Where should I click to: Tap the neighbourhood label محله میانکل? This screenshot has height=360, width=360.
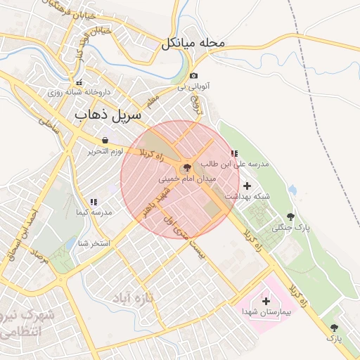pyautogui.click(x=193, y=43)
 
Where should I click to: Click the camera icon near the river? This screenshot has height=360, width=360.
pyautogui.click(x=194, y=75)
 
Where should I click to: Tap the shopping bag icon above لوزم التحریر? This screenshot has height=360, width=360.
pyautogui.click(x=105, y=140)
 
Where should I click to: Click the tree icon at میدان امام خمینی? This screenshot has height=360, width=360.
pyautogui.click(x=186, y=168)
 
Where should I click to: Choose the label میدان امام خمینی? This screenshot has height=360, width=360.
pyautogui.click(x=188, y=179)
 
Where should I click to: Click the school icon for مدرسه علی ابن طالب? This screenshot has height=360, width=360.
pyautogui.click(x=234, y=153)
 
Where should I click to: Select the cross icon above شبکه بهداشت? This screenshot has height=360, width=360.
pyautogui.click(x=246, y=186)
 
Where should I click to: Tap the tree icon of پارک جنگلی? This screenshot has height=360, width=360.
pyautogui.click(x=290, y=217)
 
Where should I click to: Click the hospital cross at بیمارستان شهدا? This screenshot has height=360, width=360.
pyautogui.click(x=265, y=301)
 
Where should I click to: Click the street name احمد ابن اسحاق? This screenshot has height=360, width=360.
pyautogui.click(x=20, y=236)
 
